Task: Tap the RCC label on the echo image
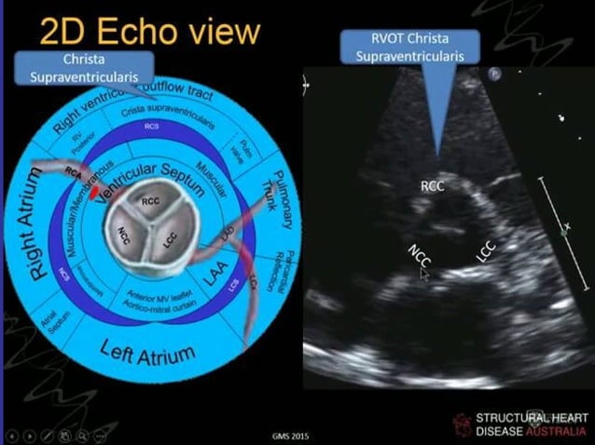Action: click(433, 186)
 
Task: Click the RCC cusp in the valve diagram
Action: click(151, 201)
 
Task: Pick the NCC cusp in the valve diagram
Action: click(128, 232)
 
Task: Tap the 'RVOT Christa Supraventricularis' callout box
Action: click(410, 47)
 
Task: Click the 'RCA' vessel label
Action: click(74, 171)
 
